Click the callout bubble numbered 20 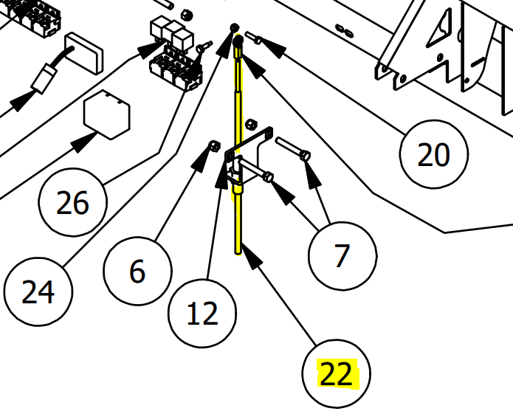(x=434, y=154)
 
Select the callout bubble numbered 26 (x=72, y=202)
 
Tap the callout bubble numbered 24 (x=38, y=291)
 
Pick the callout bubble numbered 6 (x=137, y=271)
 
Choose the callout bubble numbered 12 (x=202, y=314)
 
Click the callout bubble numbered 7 (x=342, y=256)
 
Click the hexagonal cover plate (x=107, y=114)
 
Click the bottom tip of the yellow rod (x=238, y=253)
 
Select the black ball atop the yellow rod (x=238, y=41)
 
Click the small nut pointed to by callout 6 (x=214, y=145)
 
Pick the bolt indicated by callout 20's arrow (x=253, y=38)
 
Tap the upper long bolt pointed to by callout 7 (x=292, y=149)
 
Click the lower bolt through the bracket (x=256, y=169)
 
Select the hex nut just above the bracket (x=251, y=125)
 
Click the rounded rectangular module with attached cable (x=84, y=53)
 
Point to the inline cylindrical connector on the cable (x=44, y=78)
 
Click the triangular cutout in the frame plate (x=440, y=30)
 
